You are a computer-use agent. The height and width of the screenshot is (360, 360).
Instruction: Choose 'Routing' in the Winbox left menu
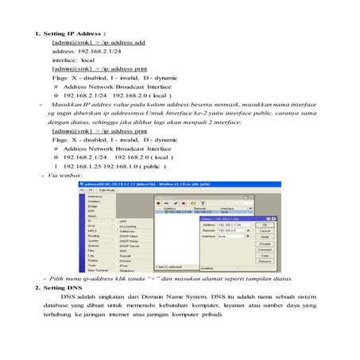pyautogui.click(x=94, y=236)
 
